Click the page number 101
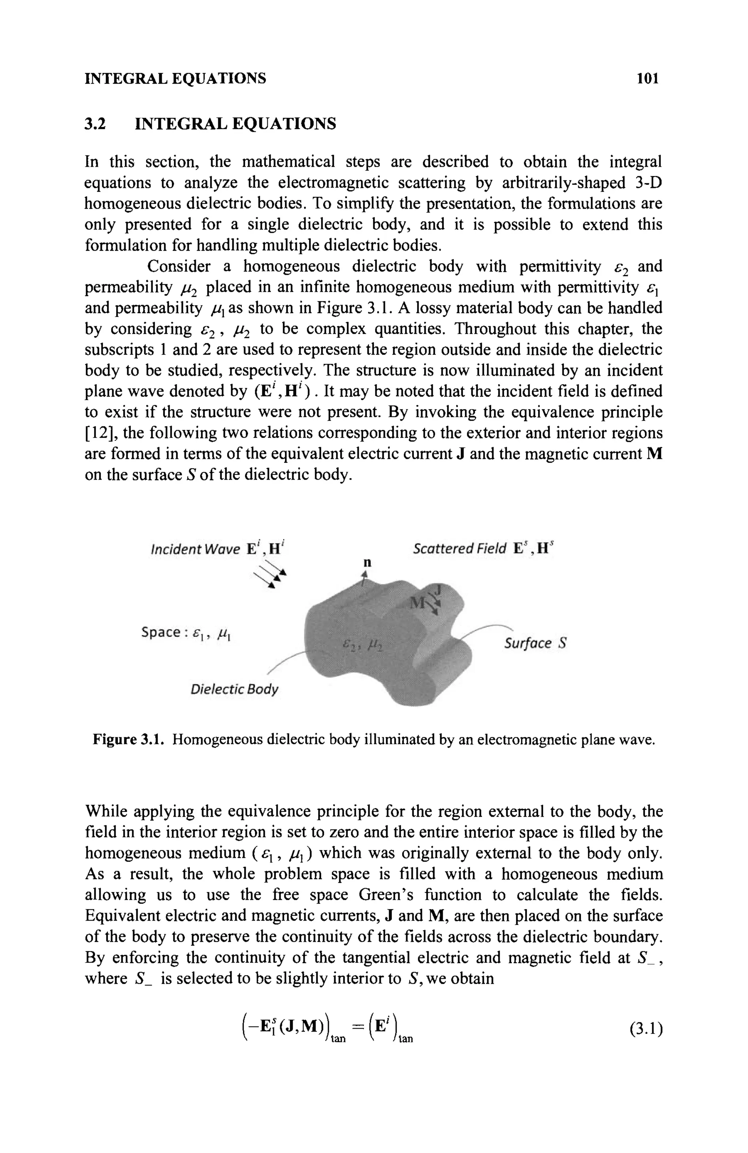648,79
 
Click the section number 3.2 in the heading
95,124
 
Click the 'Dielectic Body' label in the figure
234,689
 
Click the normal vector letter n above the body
367,562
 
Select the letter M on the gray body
417,603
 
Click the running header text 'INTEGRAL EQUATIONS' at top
175,79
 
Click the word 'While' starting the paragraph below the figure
105,812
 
